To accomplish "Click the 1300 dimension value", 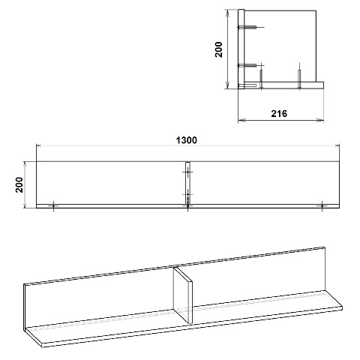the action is click(x=187, y=140).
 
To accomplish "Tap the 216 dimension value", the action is click(x=279, y=114).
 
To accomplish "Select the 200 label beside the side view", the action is click(x=219, y=49).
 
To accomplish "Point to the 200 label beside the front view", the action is click(x=19, y=184).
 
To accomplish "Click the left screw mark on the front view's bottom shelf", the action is click(x=53, y=206).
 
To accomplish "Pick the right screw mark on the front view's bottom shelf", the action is click(x=322, y=205).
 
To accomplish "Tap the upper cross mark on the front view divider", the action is click(x=187, y=172).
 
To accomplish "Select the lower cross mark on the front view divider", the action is click(x=187, y=194).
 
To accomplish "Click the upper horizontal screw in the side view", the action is click(x=250, y=27).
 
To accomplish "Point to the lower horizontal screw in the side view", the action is click(x=247, y=65).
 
